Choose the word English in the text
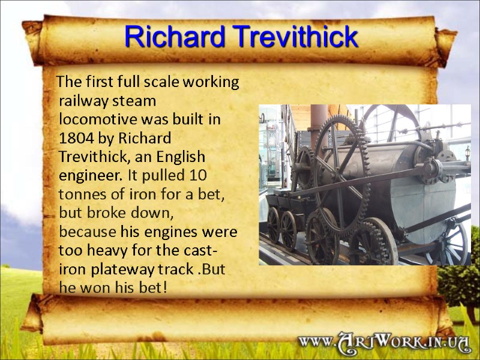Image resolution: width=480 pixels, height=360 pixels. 180,157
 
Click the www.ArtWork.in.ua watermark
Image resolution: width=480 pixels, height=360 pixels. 384,342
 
